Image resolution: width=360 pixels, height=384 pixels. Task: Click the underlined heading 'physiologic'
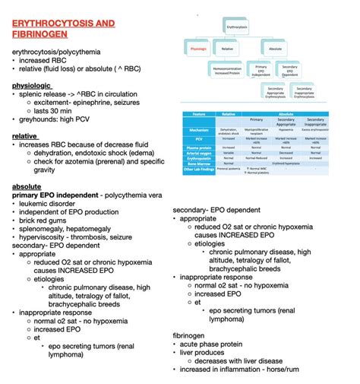tap(32, 86)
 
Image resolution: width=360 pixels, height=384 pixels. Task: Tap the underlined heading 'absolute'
tap(27, 186)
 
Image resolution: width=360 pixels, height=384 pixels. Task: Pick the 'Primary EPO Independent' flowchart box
tap(262, 71)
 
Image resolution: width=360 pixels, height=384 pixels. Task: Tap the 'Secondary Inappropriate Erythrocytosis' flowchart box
tap(304, 93)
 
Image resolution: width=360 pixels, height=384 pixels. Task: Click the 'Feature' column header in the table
tap(198, 114)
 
